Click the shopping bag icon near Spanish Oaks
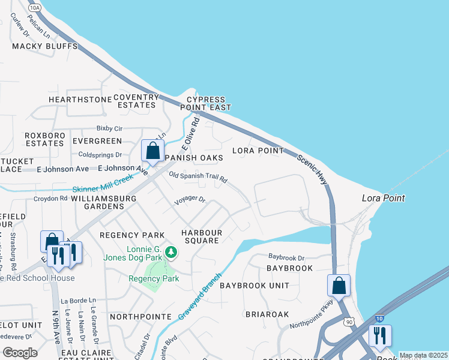click(152, 151)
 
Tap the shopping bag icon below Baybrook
click(339, 286)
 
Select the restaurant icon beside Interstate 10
click(380, 336)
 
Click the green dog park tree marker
click(171, 253)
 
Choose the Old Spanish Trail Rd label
click(198, 178)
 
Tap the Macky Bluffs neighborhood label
click(53, 46)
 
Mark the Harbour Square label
click(202, 236)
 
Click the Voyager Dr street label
click(189, 200)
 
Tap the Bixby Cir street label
click(109, 128)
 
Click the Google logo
click(20, 353)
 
